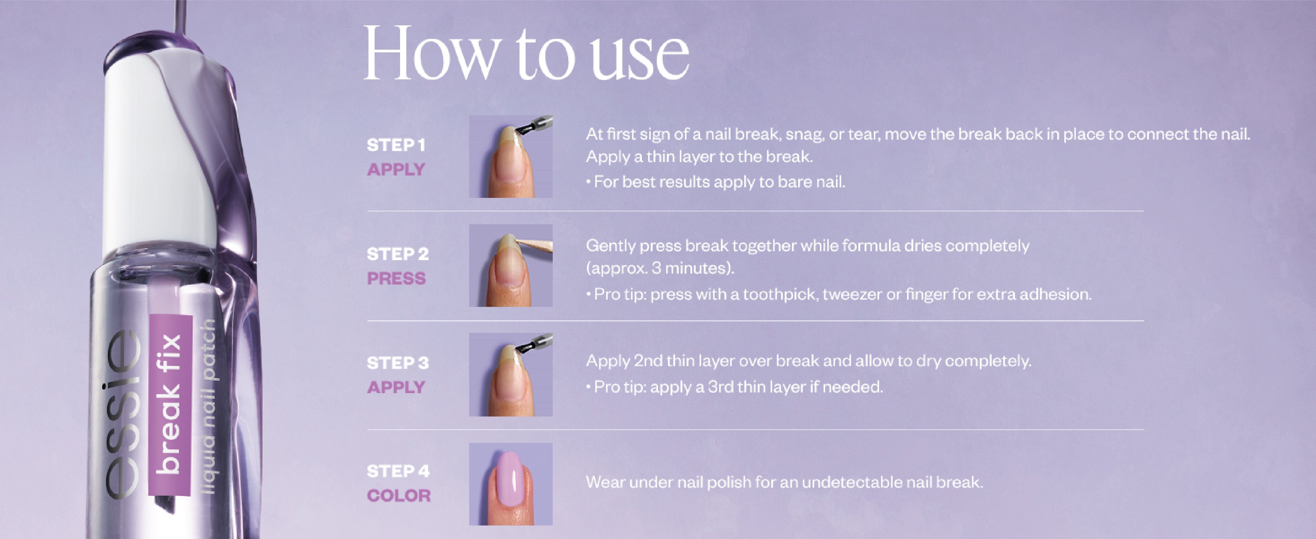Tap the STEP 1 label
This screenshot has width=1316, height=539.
[396, 145]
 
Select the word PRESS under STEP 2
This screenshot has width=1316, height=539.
[396, 279]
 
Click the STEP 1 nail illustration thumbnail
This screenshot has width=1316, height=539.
[511, 156]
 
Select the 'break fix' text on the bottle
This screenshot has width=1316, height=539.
[168, 404]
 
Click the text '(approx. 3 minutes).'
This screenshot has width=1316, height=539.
[660, 268]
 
